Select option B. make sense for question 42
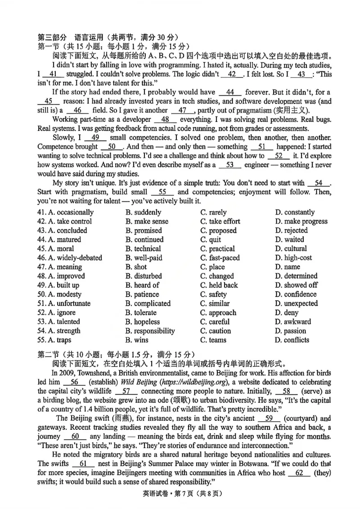click(147, 221)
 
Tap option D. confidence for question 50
click(296, 295)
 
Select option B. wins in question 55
click(137, 340)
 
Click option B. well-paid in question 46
click(144, 258)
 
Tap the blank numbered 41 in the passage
click(53, 75)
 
